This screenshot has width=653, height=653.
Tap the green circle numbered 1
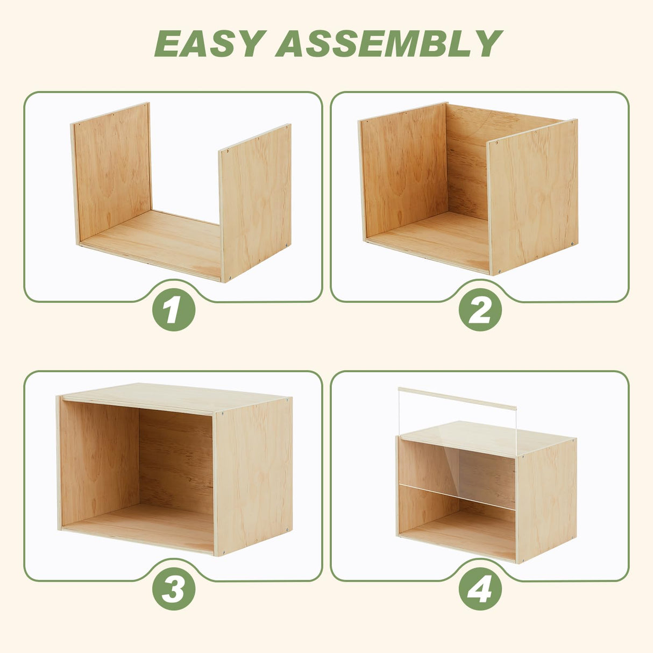coord(174,310)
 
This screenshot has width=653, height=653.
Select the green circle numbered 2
coord(480,310)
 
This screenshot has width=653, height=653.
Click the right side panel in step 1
coord(255,203)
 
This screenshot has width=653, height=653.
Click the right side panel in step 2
coord(533,196)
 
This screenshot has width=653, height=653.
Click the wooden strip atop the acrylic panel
coord(457,399)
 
